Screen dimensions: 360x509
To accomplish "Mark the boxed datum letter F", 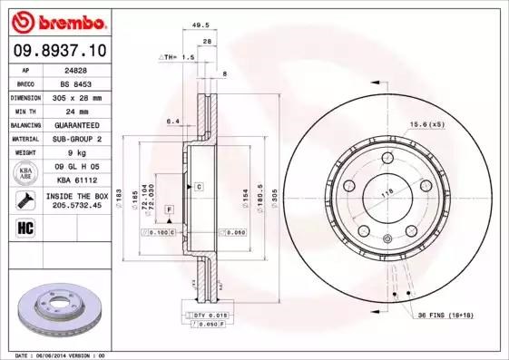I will click(x=168, y=209).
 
